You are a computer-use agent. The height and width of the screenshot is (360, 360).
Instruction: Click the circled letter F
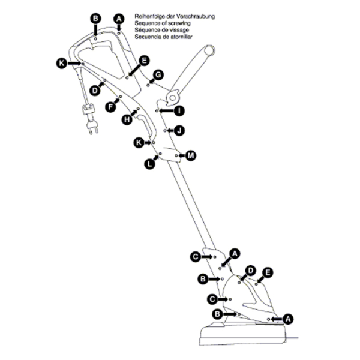110,107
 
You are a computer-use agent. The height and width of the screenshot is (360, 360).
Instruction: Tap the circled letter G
158,75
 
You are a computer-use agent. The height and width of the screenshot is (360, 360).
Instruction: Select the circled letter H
127,119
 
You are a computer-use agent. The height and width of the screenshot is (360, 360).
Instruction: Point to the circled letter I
179,111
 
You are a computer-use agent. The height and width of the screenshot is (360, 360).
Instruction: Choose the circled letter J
179,131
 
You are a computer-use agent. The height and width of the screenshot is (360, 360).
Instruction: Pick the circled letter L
149,164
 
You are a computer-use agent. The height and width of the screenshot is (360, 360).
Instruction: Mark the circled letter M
191,155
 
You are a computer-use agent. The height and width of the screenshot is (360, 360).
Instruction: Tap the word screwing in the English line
179,23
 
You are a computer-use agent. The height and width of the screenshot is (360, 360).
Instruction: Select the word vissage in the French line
179,30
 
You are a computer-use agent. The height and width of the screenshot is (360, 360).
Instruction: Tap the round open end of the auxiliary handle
209,50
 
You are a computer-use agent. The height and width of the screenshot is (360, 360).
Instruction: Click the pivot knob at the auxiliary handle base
173,98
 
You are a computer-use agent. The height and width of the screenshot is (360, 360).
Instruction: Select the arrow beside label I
166,111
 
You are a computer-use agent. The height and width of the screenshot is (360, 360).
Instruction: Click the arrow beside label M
182,155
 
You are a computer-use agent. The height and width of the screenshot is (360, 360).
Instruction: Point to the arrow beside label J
170,131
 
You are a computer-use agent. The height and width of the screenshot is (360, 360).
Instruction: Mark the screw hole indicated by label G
148,85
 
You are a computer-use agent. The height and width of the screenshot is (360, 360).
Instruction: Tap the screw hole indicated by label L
160,154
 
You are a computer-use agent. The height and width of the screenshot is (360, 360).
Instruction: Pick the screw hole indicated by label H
138,109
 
